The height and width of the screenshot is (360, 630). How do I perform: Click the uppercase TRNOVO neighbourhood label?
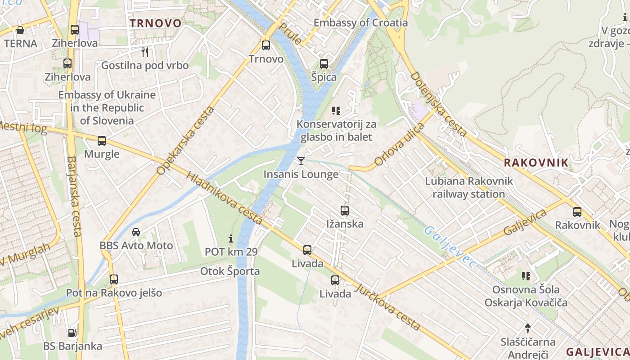[x=156, y=23]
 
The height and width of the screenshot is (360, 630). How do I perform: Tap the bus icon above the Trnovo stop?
[x=266, y=45]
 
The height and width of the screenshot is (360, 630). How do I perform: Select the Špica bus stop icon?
[x=324, y=63]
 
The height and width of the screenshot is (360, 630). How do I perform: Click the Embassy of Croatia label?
[x=360, y=22]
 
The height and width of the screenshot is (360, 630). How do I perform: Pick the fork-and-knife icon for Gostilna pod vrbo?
[x=145, y=52]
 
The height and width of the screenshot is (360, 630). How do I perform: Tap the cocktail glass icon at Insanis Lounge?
[x=301, y=161]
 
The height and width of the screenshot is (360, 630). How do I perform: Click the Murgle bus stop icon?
[x=102, y=140]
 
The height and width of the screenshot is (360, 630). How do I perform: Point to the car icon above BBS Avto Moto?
[x=136, y=232]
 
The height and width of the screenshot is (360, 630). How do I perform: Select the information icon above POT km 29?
[x=231, y=238]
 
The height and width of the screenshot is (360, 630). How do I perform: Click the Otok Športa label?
[x=230, y=271]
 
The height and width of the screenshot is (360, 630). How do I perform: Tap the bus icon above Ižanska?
[x=345, y=210]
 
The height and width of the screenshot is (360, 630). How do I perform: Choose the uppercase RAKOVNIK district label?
[x=536, y=163]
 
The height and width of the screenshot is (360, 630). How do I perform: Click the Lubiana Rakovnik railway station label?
[x=469, y=188]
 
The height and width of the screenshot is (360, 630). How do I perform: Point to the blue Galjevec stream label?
[x=450, y=247]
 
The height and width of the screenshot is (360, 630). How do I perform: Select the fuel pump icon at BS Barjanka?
[x=72, y=333]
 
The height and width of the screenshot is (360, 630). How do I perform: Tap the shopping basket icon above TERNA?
[x=20, y=30]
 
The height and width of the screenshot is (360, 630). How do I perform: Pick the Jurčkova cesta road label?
[x=388, y=307]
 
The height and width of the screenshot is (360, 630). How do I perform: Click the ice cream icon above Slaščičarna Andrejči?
[x=528, y=328]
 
